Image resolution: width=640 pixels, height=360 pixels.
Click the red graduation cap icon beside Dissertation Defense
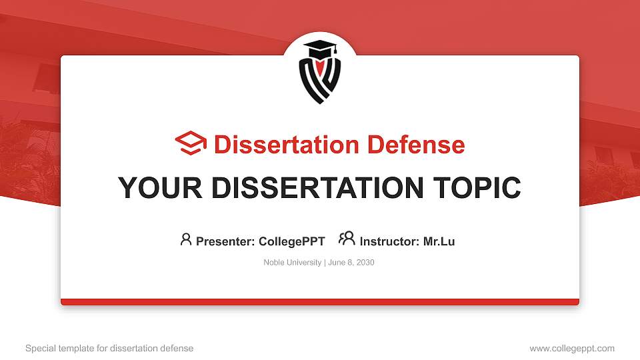(x=191, y=144)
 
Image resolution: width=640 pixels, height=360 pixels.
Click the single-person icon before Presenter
(x=186, y=239)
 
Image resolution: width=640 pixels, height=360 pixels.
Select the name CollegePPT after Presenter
(x=291, y=241)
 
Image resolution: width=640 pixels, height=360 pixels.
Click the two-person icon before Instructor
(x=347, y=239)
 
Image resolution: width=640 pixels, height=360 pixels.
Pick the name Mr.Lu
(x=439, y=241)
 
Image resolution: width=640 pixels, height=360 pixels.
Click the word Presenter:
(x=225, y=241)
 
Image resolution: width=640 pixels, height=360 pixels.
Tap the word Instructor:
(x=389, y=241)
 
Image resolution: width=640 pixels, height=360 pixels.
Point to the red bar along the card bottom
(x=320, y=302)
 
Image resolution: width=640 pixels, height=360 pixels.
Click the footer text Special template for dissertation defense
(x=109, y=348)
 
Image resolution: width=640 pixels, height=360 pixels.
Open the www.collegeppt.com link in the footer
(x=572, y=348)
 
